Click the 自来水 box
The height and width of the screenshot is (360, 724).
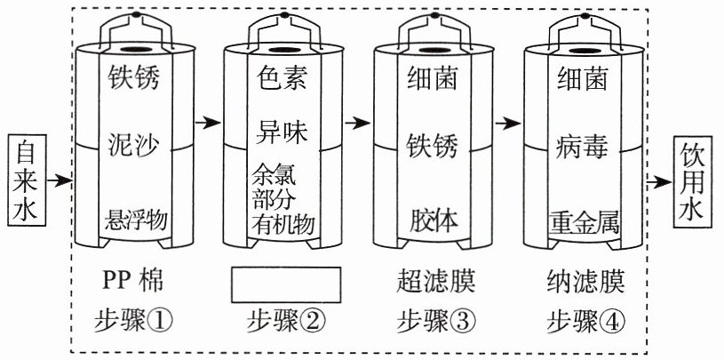[27, 180]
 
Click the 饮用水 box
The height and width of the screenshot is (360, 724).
[693, 181]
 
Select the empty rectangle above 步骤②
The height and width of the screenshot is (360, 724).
[286, 284]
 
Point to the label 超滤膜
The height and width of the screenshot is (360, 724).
[435, 282]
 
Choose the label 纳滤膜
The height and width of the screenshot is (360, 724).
[586, 282]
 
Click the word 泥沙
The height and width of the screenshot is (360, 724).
[134, 145]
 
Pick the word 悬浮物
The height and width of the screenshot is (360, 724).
[136, 220]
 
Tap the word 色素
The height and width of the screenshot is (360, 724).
[282, 77]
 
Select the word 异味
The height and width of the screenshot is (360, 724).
[282, 132]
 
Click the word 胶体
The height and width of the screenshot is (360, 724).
[434, 220]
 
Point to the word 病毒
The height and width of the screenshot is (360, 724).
[582, 148]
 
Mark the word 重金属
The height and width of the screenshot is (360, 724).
[584, 222]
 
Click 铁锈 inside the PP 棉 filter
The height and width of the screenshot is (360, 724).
[134, 77]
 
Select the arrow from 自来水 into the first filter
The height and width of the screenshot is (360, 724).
[60, 180]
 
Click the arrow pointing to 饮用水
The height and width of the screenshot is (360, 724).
[659, 182]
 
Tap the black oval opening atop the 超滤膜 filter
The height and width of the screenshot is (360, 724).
[434, 50]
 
